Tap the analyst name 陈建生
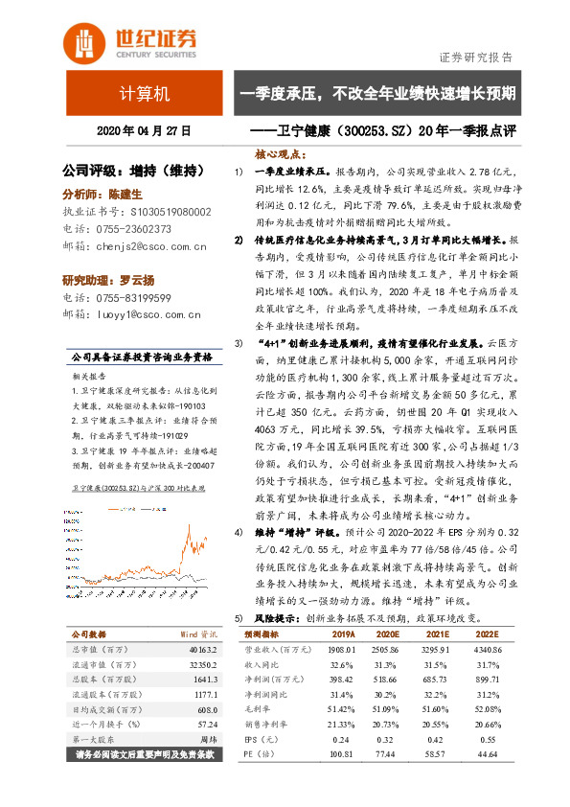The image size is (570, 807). click(126, 193)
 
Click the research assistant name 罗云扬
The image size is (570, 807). click(135, 280)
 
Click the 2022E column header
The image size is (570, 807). click(488, 634)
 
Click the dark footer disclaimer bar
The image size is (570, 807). click(144, 755)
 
